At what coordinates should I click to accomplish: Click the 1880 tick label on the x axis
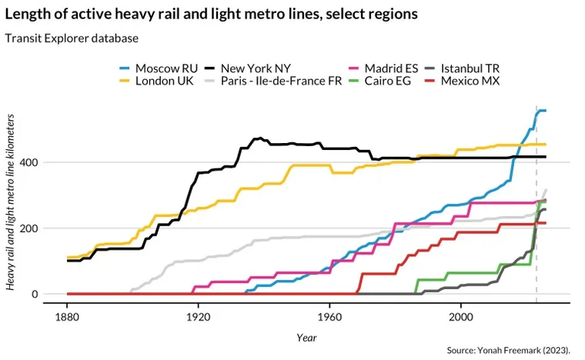[x=67, y=316]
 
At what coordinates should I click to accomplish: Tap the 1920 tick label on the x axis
[x=198, y=316]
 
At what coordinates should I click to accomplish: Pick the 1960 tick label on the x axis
[x=329, y=316]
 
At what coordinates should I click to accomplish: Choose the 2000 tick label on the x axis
[x=460, y=316]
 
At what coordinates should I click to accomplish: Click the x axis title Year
[x=306, y=337]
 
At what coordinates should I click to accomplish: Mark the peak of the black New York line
[x=261, y=138]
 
